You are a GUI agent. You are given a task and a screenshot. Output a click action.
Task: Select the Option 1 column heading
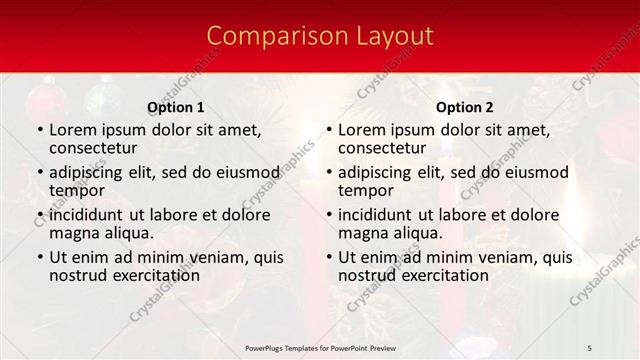[x=176, y=107]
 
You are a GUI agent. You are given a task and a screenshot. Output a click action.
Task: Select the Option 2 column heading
[x=465, y=107]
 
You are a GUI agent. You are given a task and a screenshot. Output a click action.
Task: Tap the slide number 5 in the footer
[x=590, y=347]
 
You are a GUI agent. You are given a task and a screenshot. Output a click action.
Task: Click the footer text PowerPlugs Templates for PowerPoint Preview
[x=320, y=347]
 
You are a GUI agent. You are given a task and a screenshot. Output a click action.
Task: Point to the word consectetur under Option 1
[x=97, y=149]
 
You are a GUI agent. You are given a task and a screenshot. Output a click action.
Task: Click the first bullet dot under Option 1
[x=39, y=131]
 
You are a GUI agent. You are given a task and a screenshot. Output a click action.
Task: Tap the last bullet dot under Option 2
[x=328, y=257]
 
